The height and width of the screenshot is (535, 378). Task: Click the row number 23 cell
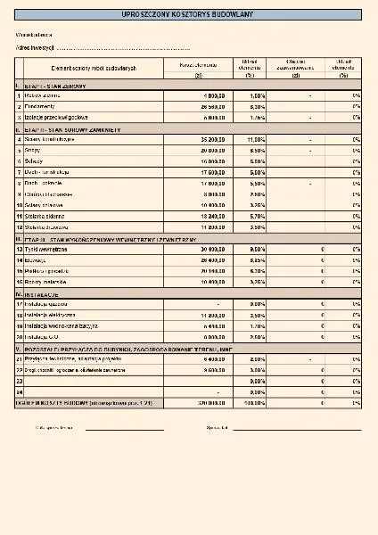tap(19, 380)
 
